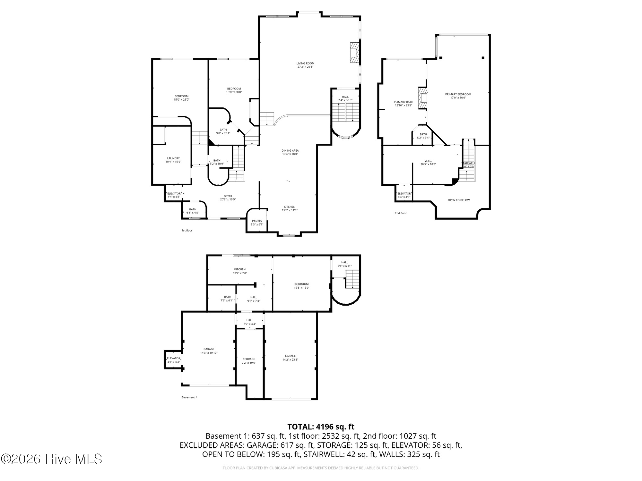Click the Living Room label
(x=305, y=63)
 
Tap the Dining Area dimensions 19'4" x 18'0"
(x=290, y=154)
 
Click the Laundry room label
(x=173, y=158)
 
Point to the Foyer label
(x=228, y=196)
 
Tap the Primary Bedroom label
(x=458, y=94)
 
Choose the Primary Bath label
(x=403, y=102)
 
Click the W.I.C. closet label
(x=428, y=161)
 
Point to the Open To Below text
(x=459, y=200)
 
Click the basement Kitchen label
(x=240, y=270)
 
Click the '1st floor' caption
(x=187, y=230)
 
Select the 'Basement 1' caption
(x=189, y=397)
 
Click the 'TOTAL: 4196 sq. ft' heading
(x=321, y=427)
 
